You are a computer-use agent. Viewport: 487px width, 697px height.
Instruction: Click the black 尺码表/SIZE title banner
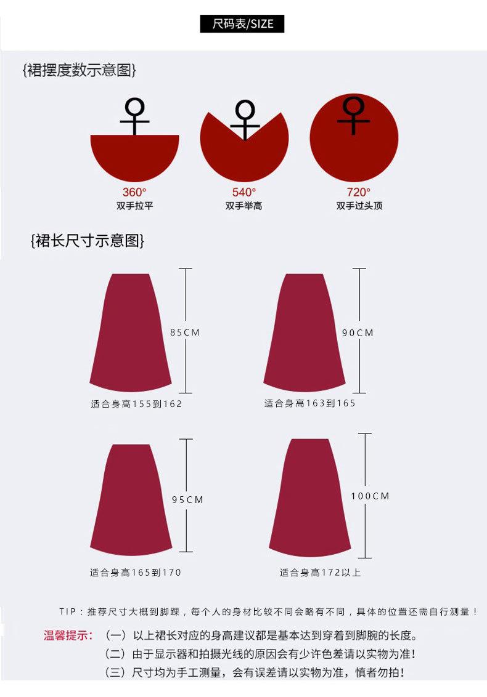tap(242, 24)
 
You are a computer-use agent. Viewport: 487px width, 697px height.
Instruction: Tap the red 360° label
tap(134, 192)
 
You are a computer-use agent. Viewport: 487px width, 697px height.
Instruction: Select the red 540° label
tap(244, 192)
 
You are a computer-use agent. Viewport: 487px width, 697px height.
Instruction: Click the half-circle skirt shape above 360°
tap(134, 157)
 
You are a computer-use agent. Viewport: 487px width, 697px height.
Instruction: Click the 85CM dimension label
tap(186, 332)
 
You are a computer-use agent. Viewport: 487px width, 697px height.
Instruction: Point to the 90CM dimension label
tap(358, 333)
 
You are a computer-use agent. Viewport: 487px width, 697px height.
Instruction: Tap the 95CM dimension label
tap(187, 500)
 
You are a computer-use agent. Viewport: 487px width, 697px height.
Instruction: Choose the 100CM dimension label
tap(370, 496)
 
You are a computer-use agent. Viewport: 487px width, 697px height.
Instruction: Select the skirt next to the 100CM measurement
tap(309, 496)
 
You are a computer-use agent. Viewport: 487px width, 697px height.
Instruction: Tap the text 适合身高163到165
tap(310, 403)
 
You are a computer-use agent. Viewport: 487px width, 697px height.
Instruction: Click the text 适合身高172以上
tap(320, 573)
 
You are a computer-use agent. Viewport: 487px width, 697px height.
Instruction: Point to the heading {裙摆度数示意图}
tap(80, 70)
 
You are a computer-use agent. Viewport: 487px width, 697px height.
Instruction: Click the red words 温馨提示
tap(68, 635)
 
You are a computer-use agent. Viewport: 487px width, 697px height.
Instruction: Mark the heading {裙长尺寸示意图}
tap(88, 240)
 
